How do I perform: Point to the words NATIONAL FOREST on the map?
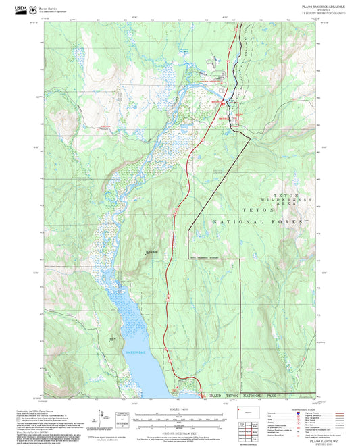[261, 222]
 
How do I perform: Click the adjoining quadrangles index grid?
[252, 428]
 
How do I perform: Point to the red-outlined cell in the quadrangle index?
[252, 428]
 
